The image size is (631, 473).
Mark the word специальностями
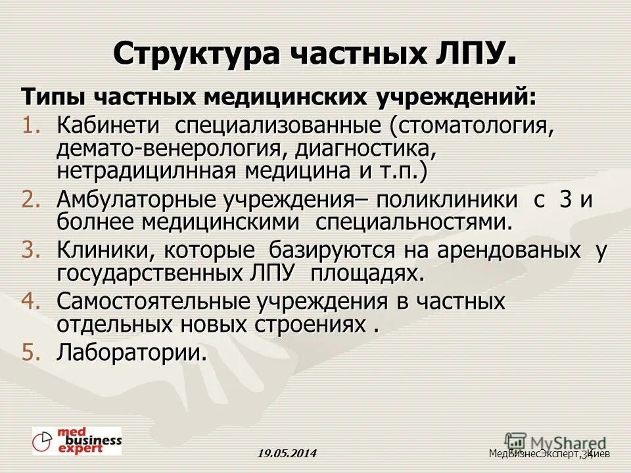click(413, 222)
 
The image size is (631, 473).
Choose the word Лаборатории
click(131, 353)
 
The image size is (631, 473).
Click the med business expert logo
click(77, 440)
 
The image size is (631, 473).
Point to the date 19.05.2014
click(287, 453)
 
